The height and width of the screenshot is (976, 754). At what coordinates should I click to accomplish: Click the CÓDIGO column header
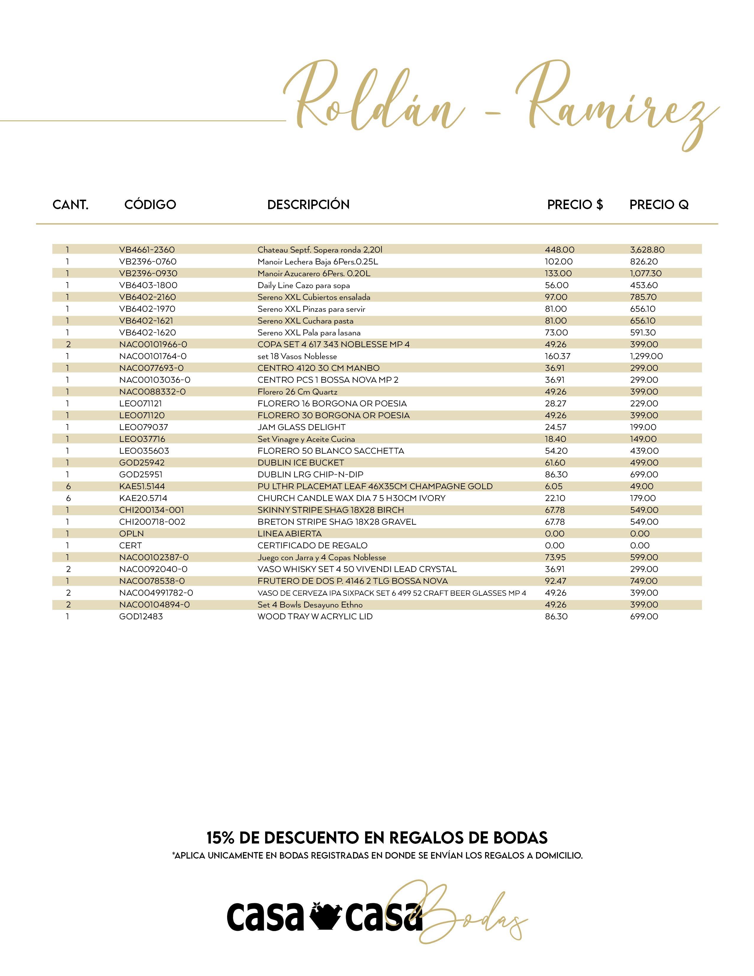[x=150, y=205]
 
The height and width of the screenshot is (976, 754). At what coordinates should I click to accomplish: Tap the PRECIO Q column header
[x=659, y=205]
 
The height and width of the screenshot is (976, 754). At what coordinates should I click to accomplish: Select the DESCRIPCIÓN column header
[x=308, y=205]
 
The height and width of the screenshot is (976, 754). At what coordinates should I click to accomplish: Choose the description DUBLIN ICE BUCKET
[x=301, y=463]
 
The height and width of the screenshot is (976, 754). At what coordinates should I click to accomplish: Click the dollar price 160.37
[x=557, y=356]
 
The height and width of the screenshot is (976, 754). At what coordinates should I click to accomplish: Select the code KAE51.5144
[x=142, y=486]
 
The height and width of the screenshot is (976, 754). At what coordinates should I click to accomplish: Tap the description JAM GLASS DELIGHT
[x=302, y=427]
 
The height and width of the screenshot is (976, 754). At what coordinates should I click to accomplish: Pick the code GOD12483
[x=141, y=617]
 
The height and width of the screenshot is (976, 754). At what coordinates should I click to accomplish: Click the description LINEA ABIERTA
[x=289, y=534]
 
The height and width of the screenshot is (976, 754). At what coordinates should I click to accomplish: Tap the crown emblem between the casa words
[x=325, y=917]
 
